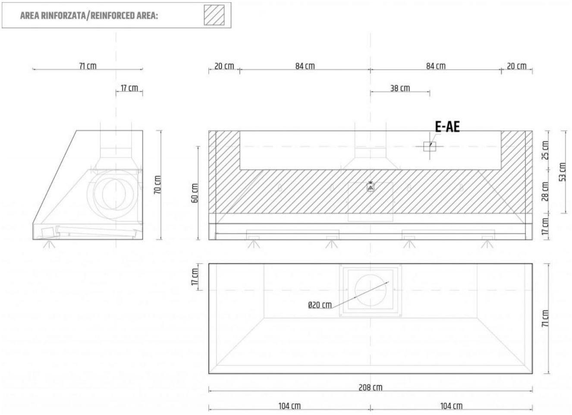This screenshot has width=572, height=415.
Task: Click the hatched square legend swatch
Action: [x=214, y=15]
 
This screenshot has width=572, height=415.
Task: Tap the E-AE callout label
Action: [x=447, y=127]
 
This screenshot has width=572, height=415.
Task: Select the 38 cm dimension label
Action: [x=400, y=88]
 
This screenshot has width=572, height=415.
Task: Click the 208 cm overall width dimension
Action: [x=370, y=387]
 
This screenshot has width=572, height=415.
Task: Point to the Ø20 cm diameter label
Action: [x=320, y=305]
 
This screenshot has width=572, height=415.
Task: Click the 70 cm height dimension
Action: [x=157, y=185]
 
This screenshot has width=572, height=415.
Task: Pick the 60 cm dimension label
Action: [x=195, y=193]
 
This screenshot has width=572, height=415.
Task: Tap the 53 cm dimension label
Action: [x=563, y=172]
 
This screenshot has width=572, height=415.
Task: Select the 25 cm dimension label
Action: [x=545, y=150]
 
